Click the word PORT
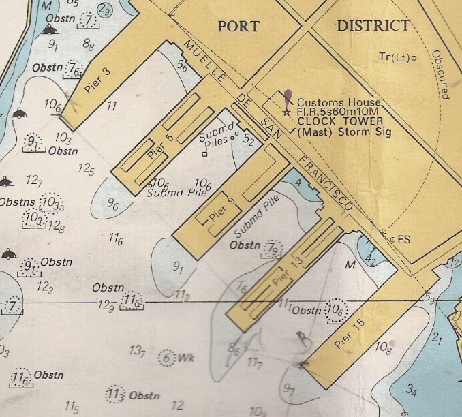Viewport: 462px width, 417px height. pos(238,27)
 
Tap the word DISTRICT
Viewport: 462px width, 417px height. pos(373,26)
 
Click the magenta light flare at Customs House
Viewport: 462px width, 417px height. pos(289,97)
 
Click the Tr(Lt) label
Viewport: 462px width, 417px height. pos(395,57)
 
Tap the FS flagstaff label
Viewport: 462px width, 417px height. pos(404,239)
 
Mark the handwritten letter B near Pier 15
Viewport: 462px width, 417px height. pos(299,336)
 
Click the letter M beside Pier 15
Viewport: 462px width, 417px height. pos(352,264)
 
